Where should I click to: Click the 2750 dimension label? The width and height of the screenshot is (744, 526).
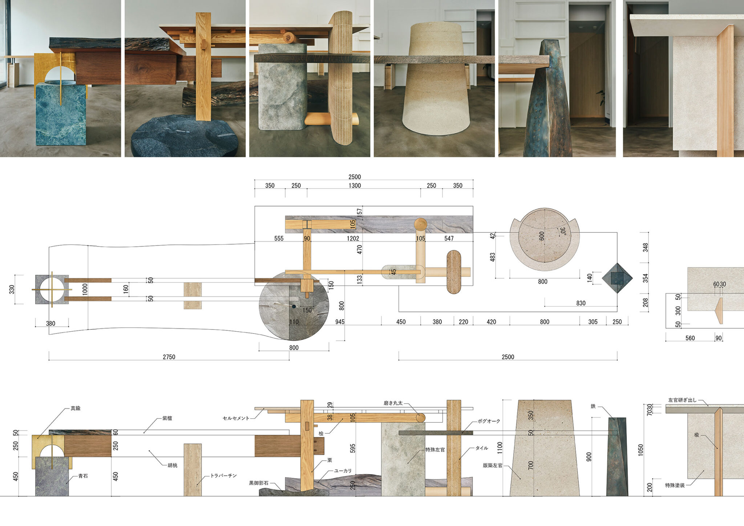[169, 357]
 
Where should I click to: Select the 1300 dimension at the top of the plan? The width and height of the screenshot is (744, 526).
[355, 185]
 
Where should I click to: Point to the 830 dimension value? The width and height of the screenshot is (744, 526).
[581, 303]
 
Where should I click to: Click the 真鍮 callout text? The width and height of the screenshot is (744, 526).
[76, 408]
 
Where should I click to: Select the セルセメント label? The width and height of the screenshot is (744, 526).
[236, 418]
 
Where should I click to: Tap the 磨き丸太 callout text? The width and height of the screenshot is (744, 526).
[393, 403]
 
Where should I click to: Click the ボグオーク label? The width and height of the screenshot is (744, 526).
[489, 421]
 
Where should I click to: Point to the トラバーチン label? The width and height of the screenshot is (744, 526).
[223, 476]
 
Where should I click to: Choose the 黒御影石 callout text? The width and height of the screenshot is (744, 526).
[259, 483]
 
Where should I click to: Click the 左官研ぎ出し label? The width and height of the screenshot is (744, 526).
[682, 400]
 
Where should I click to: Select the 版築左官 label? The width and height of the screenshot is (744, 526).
[492, 465]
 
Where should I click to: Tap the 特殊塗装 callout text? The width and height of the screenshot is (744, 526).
[675, 485]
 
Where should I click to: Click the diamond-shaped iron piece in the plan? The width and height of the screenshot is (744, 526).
[617, 278]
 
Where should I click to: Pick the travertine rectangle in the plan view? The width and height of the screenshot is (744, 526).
[193, 295]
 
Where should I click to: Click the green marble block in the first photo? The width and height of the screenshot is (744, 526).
[61, 113]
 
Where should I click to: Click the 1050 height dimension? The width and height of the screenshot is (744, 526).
[640, 450]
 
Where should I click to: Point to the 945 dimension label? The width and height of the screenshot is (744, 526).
[340, 322]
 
